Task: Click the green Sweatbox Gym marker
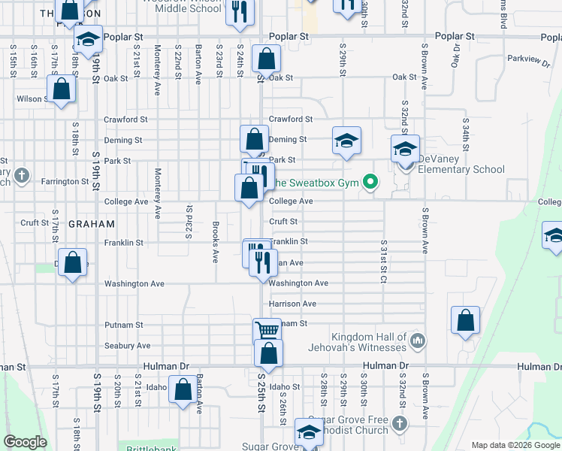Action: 370,181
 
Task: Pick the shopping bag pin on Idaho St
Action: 183,390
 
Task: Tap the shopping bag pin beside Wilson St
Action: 62,89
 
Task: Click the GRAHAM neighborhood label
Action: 92,224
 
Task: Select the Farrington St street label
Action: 65,181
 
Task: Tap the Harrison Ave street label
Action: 293,304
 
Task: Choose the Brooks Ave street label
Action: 215,243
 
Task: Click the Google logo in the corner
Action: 24,441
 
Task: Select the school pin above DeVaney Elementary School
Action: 404,147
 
